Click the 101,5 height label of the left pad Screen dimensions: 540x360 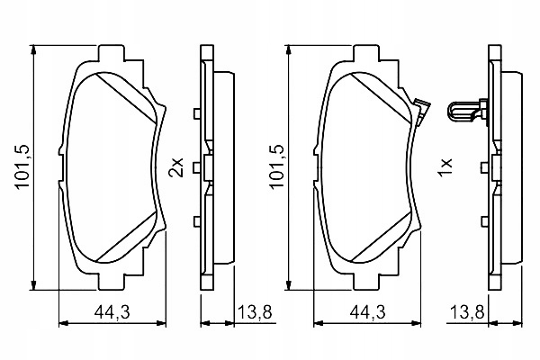23,166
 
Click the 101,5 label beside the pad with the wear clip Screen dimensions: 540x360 277,166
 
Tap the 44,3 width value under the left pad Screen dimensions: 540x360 112,312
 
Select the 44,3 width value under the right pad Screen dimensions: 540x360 367,312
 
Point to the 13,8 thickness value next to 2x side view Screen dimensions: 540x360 255,312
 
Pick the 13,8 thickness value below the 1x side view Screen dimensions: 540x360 467,312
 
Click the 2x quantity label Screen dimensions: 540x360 176,167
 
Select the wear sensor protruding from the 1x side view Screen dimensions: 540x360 467,111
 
